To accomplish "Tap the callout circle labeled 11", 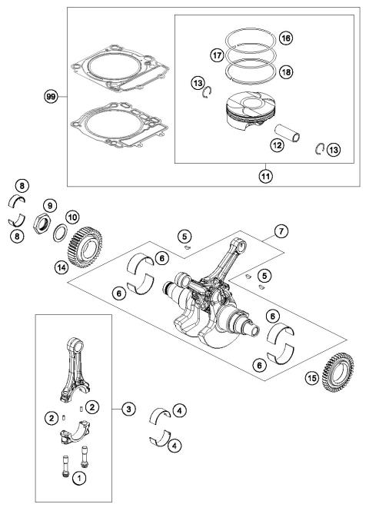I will [x=266, y=175].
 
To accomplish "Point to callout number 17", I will [x=218, y=55].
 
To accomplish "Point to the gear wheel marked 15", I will [x=341, y=368].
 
